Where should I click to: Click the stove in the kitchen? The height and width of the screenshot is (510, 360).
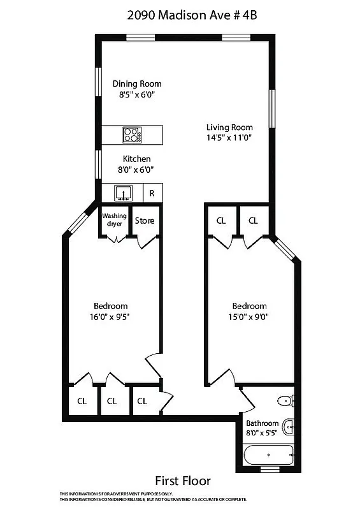[x=132, y=135]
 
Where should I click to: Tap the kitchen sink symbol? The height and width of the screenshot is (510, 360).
[x=122, y=192]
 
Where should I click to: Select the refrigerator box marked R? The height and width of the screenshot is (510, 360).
[x=152, y=193]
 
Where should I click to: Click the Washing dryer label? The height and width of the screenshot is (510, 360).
[x=114, y=220]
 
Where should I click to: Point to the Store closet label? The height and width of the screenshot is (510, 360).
[x=145, y=221]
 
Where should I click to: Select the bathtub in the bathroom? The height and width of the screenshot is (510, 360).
[x=269, y=455]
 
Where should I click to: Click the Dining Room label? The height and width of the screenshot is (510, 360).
[x=137, y=84]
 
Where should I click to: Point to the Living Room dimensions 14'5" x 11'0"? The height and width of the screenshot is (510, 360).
[x=229, y=137]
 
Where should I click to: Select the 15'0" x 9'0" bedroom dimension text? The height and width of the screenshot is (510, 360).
[x=249, y=317]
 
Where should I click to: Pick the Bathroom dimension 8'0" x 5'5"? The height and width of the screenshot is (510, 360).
[x=263, y=433]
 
